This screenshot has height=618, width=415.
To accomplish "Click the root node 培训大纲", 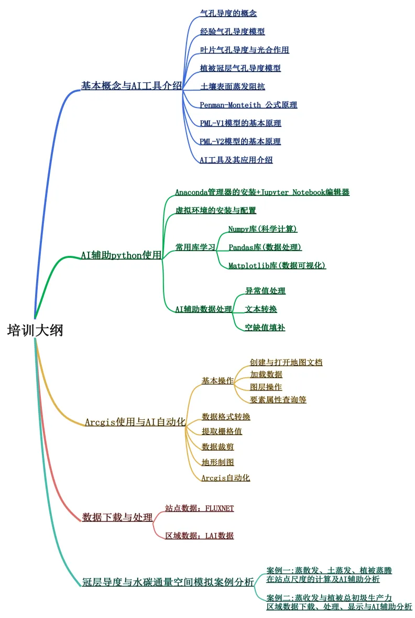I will coord(35,331).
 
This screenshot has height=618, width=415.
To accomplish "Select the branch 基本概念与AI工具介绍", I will coord(131,85).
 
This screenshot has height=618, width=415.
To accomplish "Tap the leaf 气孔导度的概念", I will coord(228,13).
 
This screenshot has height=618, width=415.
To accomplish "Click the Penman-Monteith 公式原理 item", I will coord(248,105).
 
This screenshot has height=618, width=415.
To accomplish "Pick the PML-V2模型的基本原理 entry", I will coord(240,142).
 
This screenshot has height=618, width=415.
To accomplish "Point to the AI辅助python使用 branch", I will coord(121,255).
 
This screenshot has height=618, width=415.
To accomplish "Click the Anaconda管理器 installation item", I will coord(262,192).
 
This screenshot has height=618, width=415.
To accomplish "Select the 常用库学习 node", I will coord(195,247).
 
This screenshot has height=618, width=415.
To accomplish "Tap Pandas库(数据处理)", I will coord(265,247).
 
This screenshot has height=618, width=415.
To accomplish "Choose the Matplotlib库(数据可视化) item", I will coord(277,265).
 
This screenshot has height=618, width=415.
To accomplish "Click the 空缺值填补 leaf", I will coord(265,328).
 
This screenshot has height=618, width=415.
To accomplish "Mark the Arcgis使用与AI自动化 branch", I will coord(135,421).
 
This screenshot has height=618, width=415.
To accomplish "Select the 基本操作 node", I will coord(217,381).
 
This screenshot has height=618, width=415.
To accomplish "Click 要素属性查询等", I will coord(278,399).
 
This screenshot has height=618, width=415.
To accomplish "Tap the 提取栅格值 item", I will coord(222,431).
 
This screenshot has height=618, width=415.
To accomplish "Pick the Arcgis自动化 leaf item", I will coord(226,478).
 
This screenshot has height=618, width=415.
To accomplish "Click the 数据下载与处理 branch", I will coord(117,517).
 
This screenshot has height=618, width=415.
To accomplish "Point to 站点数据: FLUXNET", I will coord(199,508).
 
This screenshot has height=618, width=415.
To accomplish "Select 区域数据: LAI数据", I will coord(199,536).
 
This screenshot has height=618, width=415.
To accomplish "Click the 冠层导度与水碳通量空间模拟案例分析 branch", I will coord(168,582).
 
